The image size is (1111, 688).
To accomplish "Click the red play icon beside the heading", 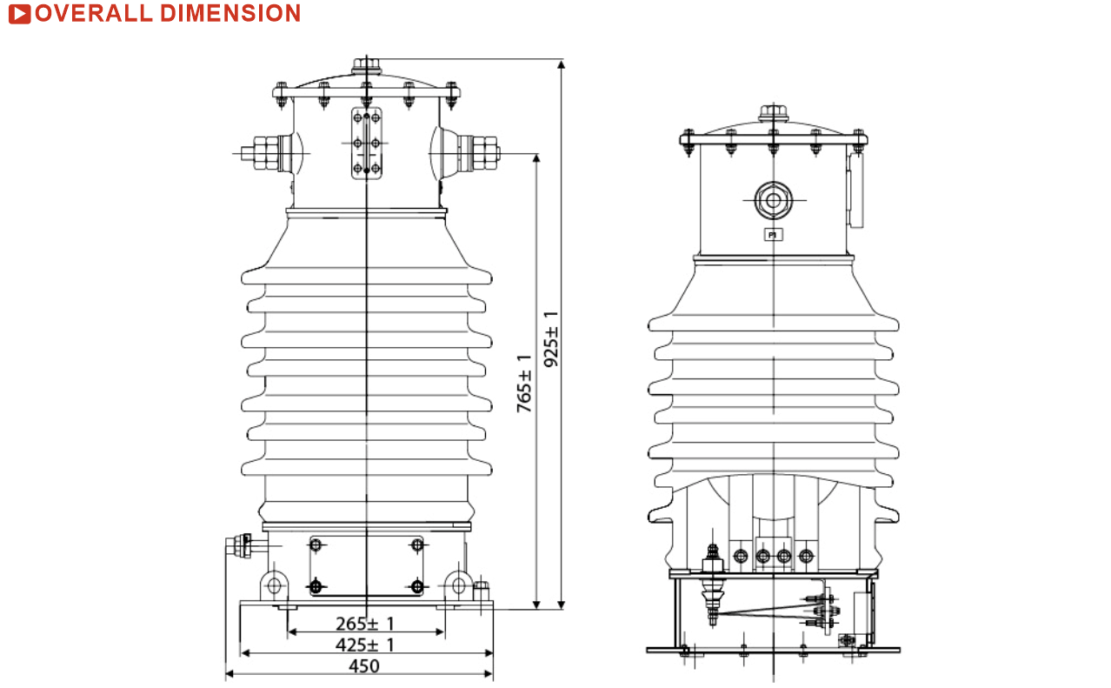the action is (x=19, y=13).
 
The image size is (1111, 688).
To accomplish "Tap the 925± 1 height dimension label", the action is (x=550, y=339).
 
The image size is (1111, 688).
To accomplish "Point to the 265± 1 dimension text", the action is (x=365, y=624).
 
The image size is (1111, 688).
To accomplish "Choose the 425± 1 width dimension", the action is (x=365, y=645).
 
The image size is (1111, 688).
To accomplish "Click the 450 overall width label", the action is (x=364, y=666).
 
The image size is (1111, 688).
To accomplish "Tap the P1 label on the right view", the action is (x=773, y=235).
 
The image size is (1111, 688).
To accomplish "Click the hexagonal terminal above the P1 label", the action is (x=773, y=201).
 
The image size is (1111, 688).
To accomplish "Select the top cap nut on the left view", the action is (x=366, y=66).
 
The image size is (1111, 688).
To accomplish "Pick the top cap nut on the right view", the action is (x=773, y=113).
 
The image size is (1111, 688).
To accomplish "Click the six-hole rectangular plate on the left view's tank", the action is (x=367, y=144).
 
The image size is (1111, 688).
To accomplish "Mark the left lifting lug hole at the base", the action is (x=275, y=585).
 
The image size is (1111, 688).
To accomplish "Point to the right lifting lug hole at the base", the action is (x=458, y=585).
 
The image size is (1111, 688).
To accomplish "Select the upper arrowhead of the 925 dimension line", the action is (x=561, y=64).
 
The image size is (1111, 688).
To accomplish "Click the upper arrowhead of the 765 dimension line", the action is (x=536, y=158).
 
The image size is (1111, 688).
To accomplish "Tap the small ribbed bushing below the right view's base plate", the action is (x=713, y=604).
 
